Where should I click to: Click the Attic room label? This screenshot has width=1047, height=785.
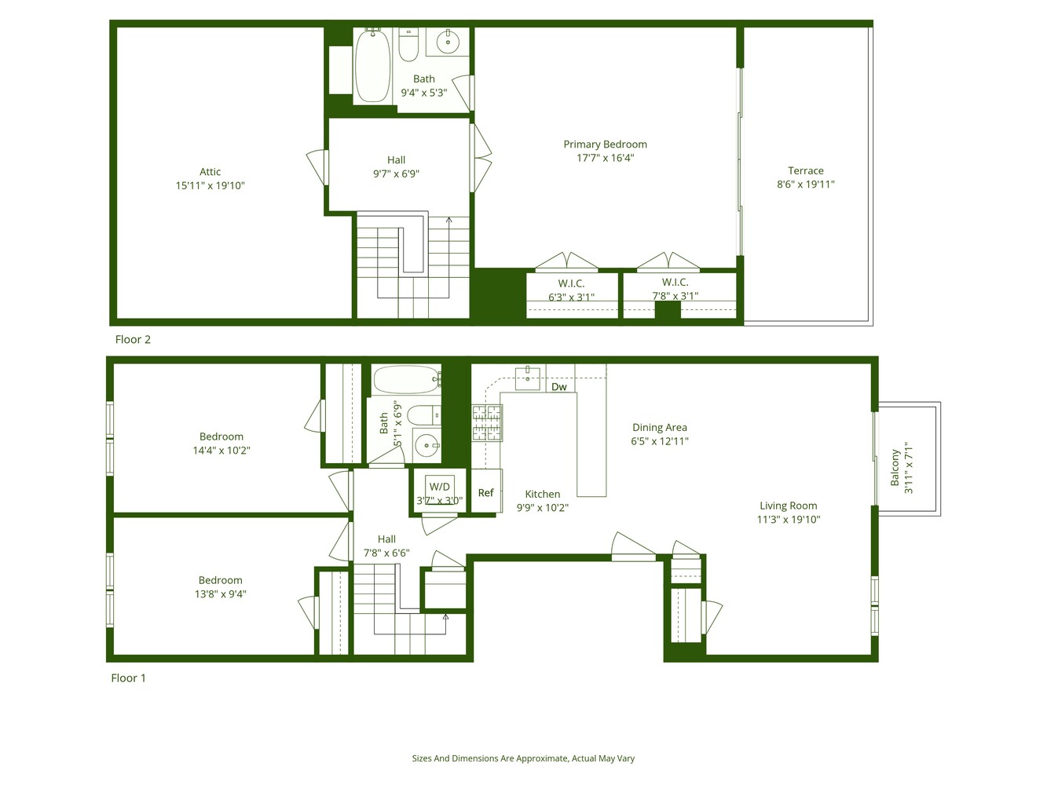pyautogui.click(x=210, y=172)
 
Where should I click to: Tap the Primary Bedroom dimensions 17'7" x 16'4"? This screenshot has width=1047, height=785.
pyautogui.click(x=605, y=158)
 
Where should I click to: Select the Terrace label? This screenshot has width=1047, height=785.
pyautogui.click(x=805, y=170)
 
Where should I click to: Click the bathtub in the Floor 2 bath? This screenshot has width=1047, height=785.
pyautogui.click(x=372, y=66)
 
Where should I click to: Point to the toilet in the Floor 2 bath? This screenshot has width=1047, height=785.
pyautogui.click(x=408, y=46)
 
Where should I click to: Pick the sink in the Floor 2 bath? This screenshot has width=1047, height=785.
pyautogui.click(x=448, y=42)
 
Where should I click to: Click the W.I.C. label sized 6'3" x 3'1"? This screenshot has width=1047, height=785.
pyautogui.click(x=571, y=283)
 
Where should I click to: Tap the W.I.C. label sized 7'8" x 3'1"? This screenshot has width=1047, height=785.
pyautogui.click(x=675, y=282)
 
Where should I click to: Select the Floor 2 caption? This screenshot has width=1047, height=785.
pyautogui.click(x=133, y=339)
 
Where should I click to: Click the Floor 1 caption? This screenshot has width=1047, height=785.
pyautogui.click(x=128, y=677)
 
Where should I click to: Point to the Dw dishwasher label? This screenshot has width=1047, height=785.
pyautogui.click(x=558, y=387)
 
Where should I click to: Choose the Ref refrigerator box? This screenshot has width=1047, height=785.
pyautogui.click(x=486, y=492)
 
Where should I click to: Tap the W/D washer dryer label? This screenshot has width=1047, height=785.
pyautogui.click(x=439, y=487)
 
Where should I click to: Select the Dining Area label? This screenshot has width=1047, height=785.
pyautogui.click(x=659, y=427)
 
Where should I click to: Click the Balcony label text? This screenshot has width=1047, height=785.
pyautogui.click(x=895, y=468)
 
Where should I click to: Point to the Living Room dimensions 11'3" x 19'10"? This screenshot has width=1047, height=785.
pyautogui.click(x=788, y=519)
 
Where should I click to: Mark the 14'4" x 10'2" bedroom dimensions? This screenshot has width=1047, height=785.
pyautogui.click(x=221, y=451)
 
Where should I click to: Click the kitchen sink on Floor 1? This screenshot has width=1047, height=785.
pyautogui.click(x=527, y=379)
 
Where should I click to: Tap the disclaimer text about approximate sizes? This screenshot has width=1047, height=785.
pyautogui.click(x=523, y=758)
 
